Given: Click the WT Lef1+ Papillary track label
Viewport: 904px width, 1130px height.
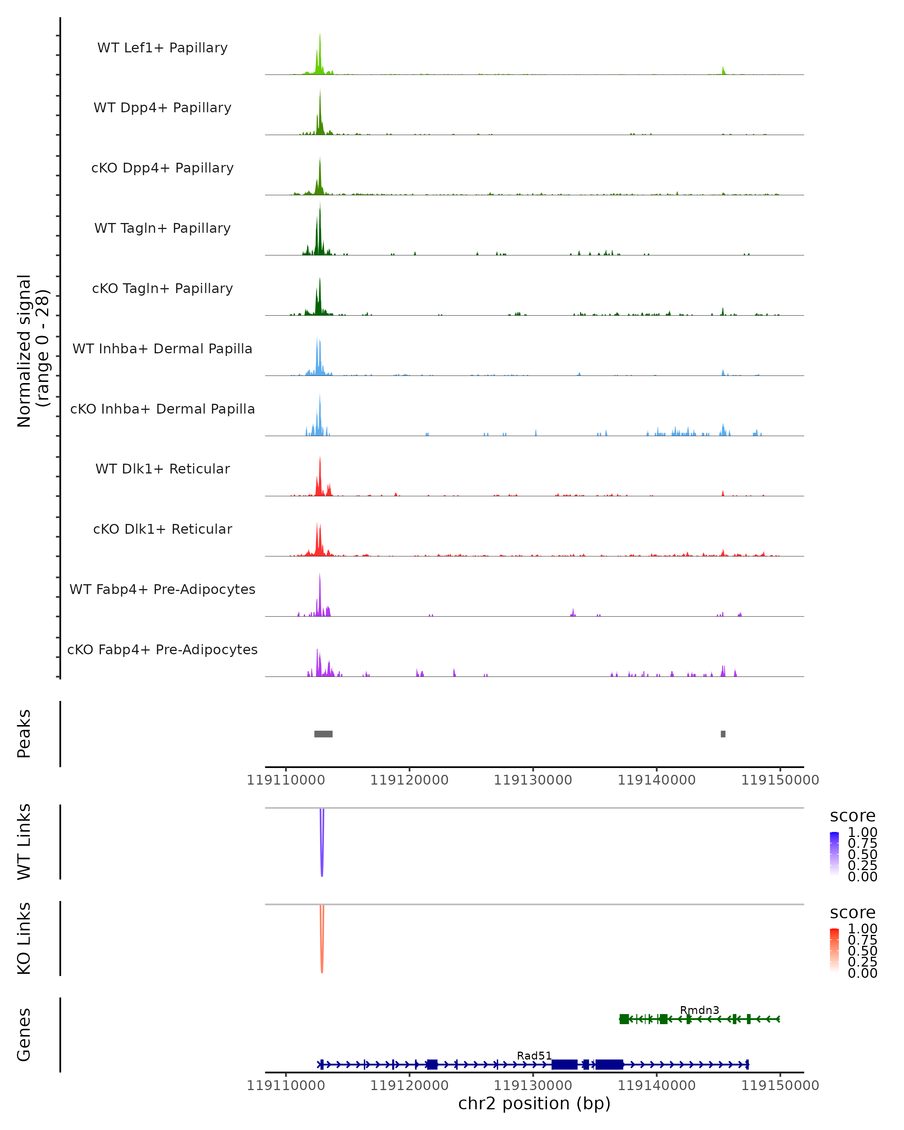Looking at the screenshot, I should [162, 48].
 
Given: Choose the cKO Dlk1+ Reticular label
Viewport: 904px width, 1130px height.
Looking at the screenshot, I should [162, 529].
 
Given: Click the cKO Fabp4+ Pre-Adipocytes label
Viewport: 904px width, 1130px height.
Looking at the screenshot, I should [162, 649].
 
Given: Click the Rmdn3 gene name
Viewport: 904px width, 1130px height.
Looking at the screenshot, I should [699, 1010].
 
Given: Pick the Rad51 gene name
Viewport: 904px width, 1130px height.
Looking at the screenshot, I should [534, 1055].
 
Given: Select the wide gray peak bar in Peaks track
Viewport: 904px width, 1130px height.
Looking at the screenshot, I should [323, 734].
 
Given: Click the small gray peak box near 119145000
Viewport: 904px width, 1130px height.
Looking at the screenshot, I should [723, 734].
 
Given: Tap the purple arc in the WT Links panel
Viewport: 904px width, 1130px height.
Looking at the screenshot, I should [322, 860].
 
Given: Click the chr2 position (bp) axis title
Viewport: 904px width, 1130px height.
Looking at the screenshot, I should [534, 1103].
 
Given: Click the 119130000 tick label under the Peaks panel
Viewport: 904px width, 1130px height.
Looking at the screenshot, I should [533, 780].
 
